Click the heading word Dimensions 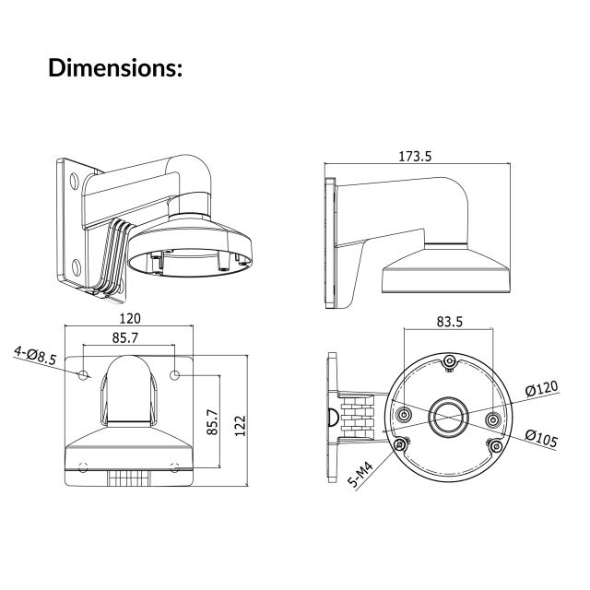click(115, 68)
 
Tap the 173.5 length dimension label click(415, 157)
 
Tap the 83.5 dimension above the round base click(449, 323)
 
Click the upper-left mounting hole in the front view click(84, 375)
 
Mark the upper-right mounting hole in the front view click(176, 375)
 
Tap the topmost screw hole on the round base click(448, 361)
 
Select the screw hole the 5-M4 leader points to click(400, 446)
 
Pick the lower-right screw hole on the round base click(497, 446)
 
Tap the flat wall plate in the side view click(327, 240)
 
